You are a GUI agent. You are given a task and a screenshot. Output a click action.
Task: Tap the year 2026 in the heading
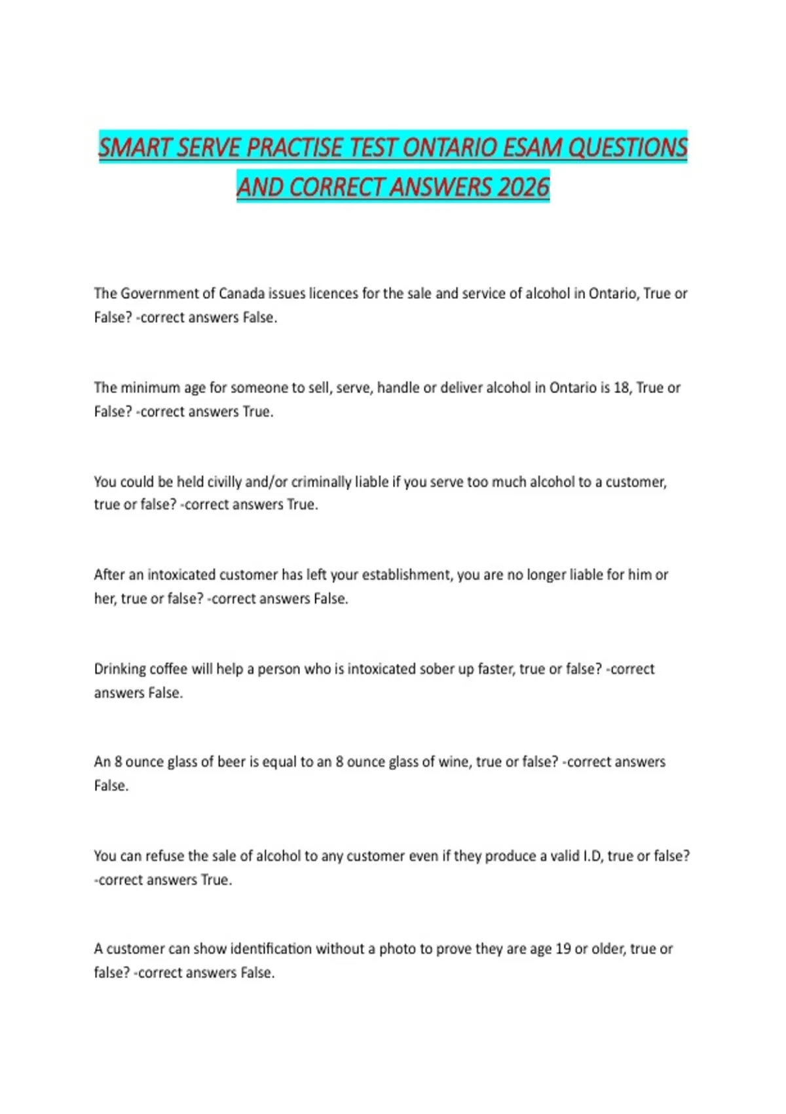click(523, 187)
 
